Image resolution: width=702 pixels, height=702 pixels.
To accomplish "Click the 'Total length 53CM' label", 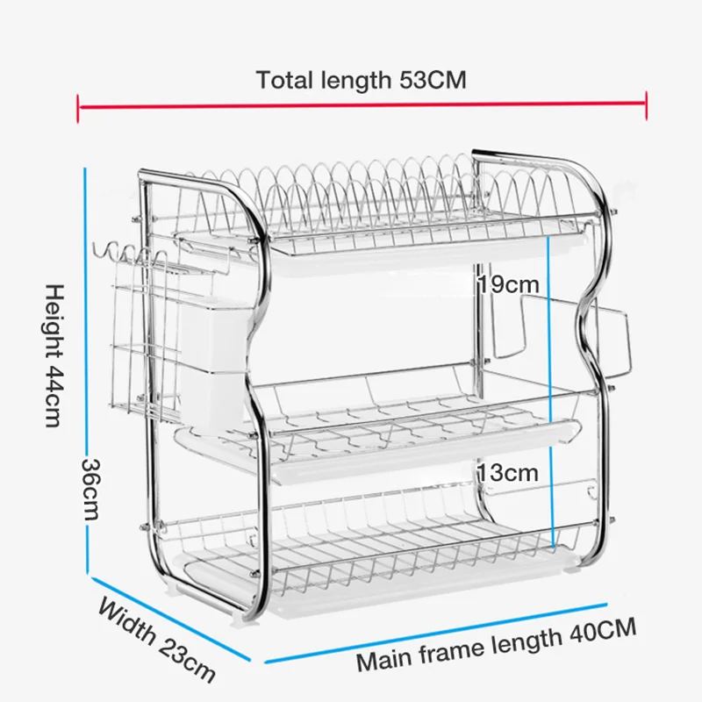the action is (x=361, y=80).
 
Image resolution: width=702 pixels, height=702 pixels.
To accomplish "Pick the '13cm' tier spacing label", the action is (x=507, y=473).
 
